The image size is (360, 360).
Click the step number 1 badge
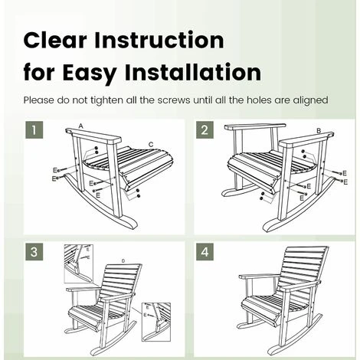click(x=34, y=130)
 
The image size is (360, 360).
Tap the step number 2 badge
click(x=205, y=130)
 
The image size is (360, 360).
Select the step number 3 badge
click(x=34, y=252)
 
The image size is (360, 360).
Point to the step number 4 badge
click(x=205, y=252)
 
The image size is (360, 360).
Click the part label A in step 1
click(x=81, y=126)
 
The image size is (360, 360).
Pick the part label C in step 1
click(x=151, y=145)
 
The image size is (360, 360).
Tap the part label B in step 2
click(x=319, y=131)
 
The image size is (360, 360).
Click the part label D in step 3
click(x=123, y=261)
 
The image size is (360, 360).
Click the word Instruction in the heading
click(x=159, y=41)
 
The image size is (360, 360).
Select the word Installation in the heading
click(x=193, y=73)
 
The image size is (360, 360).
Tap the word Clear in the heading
click(x=55, y=41)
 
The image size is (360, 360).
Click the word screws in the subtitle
click(x=174, y=100)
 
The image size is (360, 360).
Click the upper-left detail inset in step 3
click(x=79, y=263)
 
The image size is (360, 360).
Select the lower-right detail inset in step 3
click(x=156, y=322)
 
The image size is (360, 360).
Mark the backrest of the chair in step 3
click(x=120, y=281)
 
